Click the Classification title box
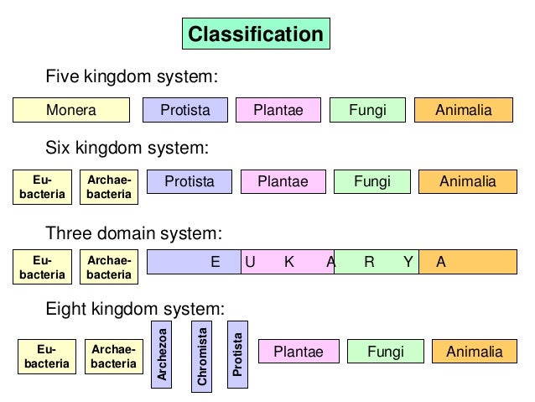coord(256,34)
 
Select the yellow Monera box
coord(71,110)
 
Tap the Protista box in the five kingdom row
coord(185,110)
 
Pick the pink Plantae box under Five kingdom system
coord(278,110)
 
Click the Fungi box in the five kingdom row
coord(367,110)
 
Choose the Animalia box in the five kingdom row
coord(464,110)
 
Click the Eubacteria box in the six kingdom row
coord(42,187)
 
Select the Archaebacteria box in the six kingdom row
coord(109,187)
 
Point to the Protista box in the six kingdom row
coord(190,181)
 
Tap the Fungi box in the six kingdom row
coord(372,181)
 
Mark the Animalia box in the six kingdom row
coord(468,181)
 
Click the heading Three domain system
coord(133,232)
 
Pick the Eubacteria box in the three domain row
coord(42,268)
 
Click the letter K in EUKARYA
coord(289,262)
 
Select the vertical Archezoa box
coord(163,354)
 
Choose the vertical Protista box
coord(238,354)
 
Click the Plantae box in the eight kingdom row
coord(299,352)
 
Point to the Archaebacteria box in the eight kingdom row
coord(113,357)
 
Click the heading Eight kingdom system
coord(135,308)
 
